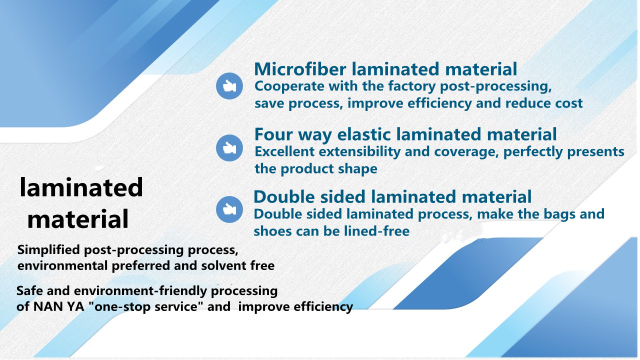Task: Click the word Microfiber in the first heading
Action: coord(300,69)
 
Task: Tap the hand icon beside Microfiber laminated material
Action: coord(229,86)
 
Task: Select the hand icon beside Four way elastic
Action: coord(229,148)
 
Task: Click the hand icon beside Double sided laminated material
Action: coord(229,209)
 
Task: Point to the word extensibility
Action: coord(359,151)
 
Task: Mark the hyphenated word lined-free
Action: coord(376,231)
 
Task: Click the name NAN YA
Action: coord(58,307)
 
